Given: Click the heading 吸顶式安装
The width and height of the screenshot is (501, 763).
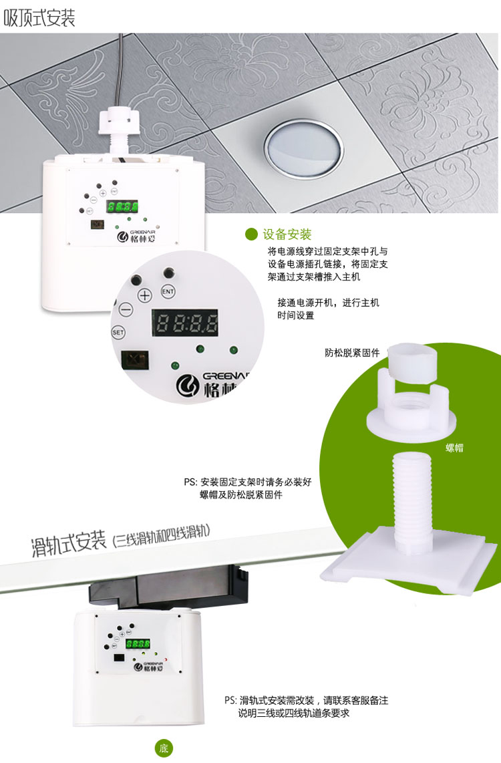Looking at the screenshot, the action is [x=39, y=18].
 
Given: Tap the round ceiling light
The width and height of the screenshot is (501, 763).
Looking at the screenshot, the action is [x=304, y=148].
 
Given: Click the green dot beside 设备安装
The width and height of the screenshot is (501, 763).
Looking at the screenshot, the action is [x=251, y=235].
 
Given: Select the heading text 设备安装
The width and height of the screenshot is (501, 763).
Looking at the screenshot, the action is [x=287, y=235].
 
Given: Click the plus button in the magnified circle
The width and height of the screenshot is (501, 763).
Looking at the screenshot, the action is [x=144, y=295].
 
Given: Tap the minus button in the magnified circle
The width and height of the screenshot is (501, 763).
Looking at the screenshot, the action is [x=126, y=309].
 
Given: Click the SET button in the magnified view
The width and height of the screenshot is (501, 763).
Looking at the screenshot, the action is [x=118, y=332].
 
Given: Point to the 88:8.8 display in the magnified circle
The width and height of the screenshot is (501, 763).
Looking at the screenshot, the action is [x=185, y=322].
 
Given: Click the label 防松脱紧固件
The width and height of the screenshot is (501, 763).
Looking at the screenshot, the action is [x=352, y=353].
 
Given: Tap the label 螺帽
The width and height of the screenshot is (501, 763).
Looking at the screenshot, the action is [x=454, y=448].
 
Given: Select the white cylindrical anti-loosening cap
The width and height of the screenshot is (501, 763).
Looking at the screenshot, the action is [x=412, y=362].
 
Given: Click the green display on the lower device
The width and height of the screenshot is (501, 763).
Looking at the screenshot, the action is [x=138, y=644].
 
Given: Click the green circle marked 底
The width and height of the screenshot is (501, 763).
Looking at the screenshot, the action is [x=164, y=748].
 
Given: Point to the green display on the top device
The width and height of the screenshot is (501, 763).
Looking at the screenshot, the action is [x=122, y=207].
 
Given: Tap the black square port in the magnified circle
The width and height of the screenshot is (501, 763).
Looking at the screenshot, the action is [x=134, y=361].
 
